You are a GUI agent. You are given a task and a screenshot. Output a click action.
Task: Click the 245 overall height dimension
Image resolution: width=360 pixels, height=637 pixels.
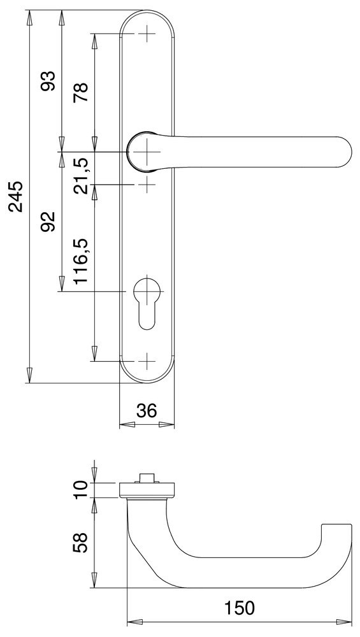17,197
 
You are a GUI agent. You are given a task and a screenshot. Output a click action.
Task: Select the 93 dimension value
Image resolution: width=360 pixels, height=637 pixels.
49,82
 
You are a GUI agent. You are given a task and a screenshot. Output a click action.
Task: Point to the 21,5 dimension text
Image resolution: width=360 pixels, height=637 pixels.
82,176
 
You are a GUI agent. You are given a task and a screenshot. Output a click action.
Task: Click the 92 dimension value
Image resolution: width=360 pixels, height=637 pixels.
49,222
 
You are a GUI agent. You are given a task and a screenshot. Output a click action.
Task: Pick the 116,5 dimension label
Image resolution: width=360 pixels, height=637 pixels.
82,261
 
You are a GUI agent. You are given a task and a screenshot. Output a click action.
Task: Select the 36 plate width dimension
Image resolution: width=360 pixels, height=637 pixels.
147,411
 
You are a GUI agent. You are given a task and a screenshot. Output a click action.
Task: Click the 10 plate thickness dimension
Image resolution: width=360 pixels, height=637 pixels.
82,489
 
